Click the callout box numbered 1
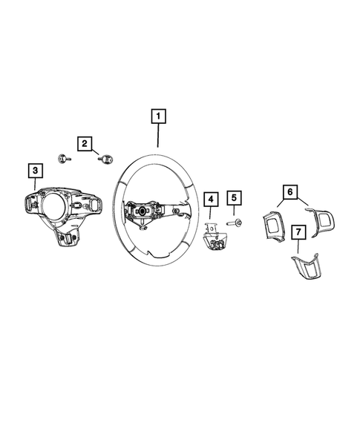pyautogui.click(x=158, y=116)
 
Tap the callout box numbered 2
pyautogui.click(x=86, y=143)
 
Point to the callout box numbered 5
pyautogui.click(x=234, y=198)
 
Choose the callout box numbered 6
pyautogui.click(x=290, y=192)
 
